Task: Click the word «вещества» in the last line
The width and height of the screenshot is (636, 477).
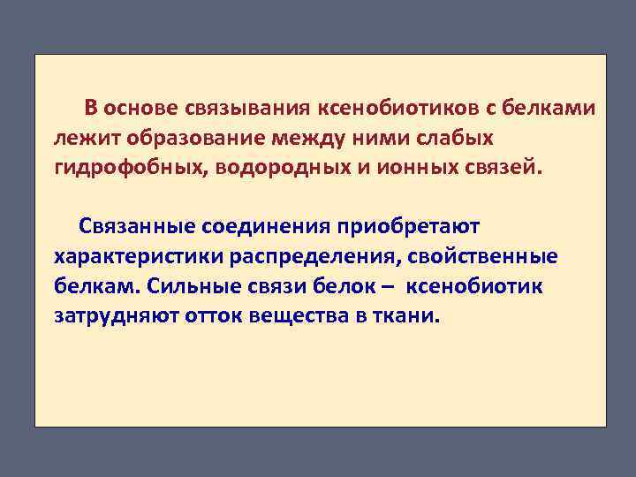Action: click(299, 316)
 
